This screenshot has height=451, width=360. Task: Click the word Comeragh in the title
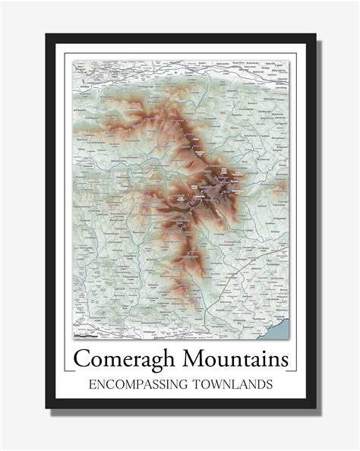point(128,358)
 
